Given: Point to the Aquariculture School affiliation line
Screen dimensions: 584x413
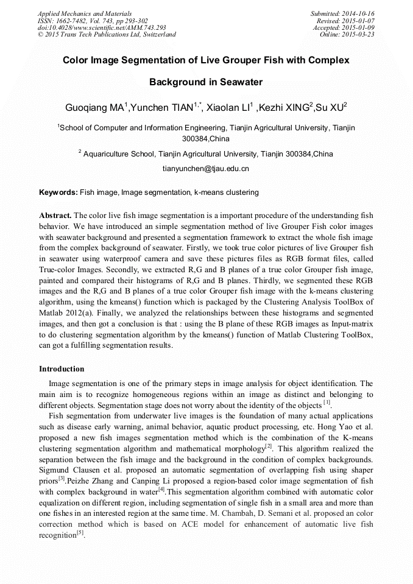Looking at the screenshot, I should [x=207, y=154].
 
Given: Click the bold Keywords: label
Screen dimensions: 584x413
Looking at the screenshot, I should [x=58, y=192].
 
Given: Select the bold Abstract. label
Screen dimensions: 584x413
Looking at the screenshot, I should [x=55, y=216].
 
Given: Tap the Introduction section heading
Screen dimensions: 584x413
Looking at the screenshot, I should [x=62, y=369].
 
